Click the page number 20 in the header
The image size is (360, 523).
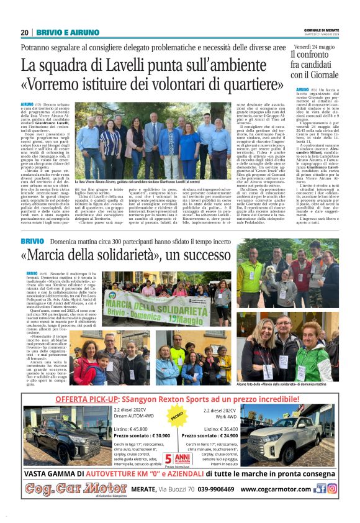pyautogui.click(x=24, y=32)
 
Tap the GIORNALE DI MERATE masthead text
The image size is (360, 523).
pyautogui.click(x=321, y=30)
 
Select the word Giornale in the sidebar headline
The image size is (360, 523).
pyautogui.click(x=326, y=75)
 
